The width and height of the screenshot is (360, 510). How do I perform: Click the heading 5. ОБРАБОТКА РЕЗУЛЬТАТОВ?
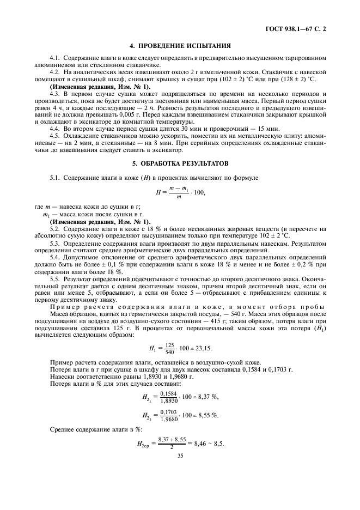pos(180,163)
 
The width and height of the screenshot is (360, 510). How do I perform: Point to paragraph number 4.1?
pos(54,57)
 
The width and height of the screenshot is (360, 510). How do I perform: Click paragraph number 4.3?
pos(54,95)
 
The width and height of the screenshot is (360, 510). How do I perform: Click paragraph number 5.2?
pos(54,229)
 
